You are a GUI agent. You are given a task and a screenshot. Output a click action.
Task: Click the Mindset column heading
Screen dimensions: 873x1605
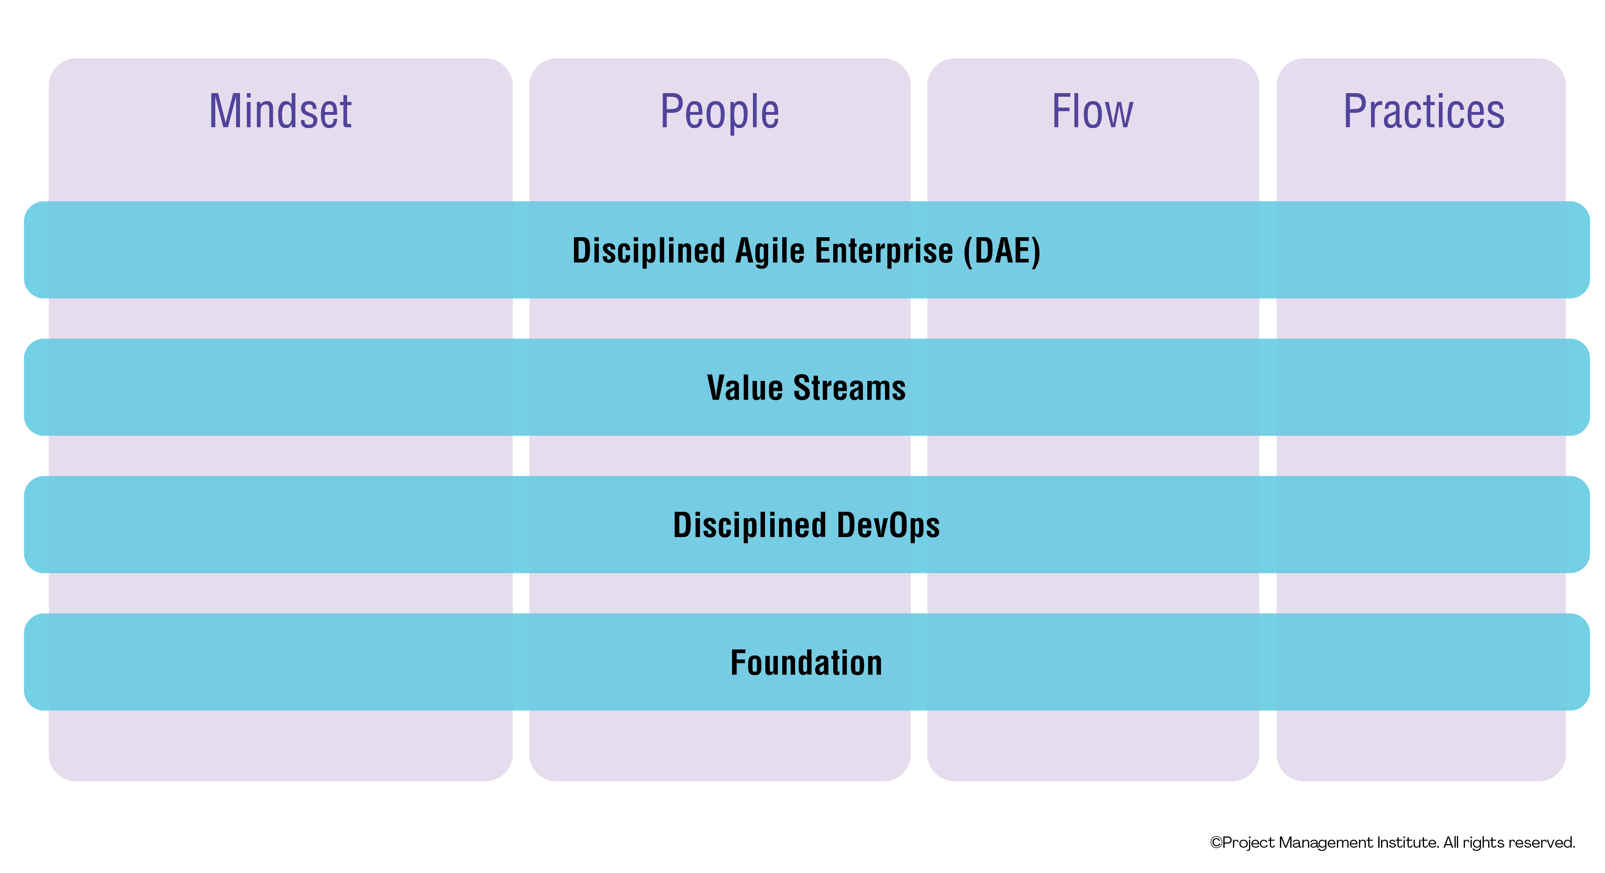281,112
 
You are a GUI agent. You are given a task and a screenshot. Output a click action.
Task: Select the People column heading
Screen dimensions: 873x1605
720,112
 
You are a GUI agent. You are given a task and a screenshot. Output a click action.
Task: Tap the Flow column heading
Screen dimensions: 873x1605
1092,112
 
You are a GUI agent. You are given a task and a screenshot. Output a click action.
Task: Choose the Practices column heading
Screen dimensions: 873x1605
1424,112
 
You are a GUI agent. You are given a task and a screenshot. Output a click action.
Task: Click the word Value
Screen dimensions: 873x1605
745,388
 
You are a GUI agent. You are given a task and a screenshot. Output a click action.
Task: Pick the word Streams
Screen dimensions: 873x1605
849,388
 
